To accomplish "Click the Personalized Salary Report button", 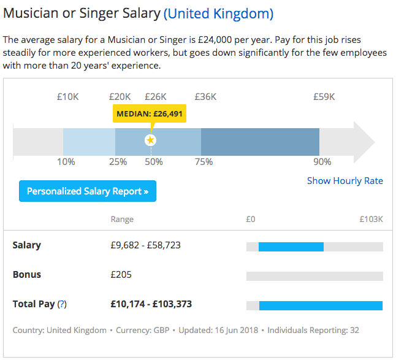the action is point(88,191).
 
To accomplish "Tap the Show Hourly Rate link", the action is point(345,181).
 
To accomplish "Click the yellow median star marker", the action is point(151,140).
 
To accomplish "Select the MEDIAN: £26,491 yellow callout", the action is point(150,113).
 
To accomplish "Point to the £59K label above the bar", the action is point(324,97).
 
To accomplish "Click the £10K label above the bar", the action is point(67,97).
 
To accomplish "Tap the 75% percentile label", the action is point(204,162).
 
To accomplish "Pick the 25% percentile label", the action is point(118,162).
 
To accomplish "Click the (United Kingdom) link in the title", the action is point(218,13).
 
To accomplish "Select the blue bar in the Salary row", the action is point(291,247).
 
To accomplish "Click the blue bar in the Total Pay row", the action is point(321,305).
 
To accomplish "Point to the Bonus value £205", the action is point(121,275).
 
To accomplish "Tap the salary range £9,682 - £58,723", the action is point(145,245).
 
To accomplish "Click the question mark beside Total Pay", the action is point(62,304).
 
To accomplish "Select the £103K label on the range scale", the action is point(371,219).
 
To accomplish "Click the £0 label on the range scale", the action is point(251,219).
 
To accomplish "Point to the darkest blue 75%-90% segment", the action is point(260,142).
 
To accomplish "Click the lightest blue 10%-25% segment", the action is point(89,142).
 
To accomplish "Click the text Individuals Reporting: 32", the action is point(313,330).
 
